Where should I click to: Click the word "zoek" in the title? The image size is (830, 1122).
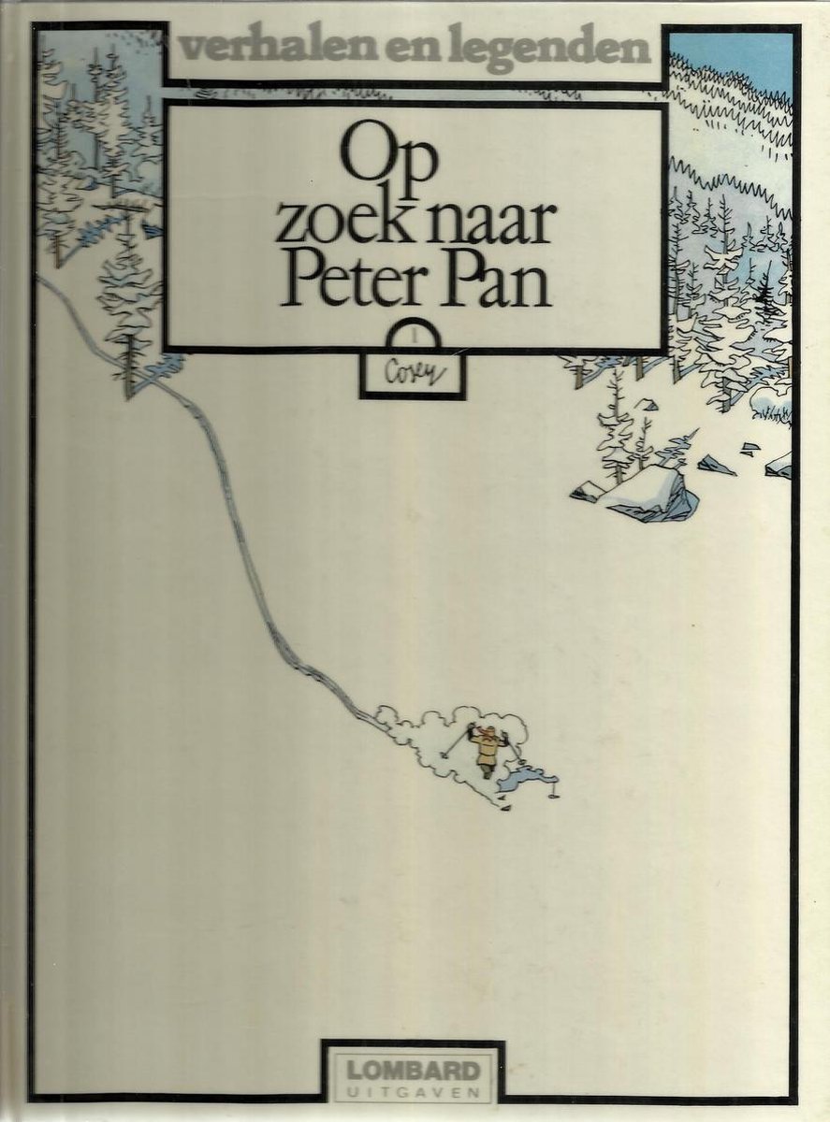pos(336,223)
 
